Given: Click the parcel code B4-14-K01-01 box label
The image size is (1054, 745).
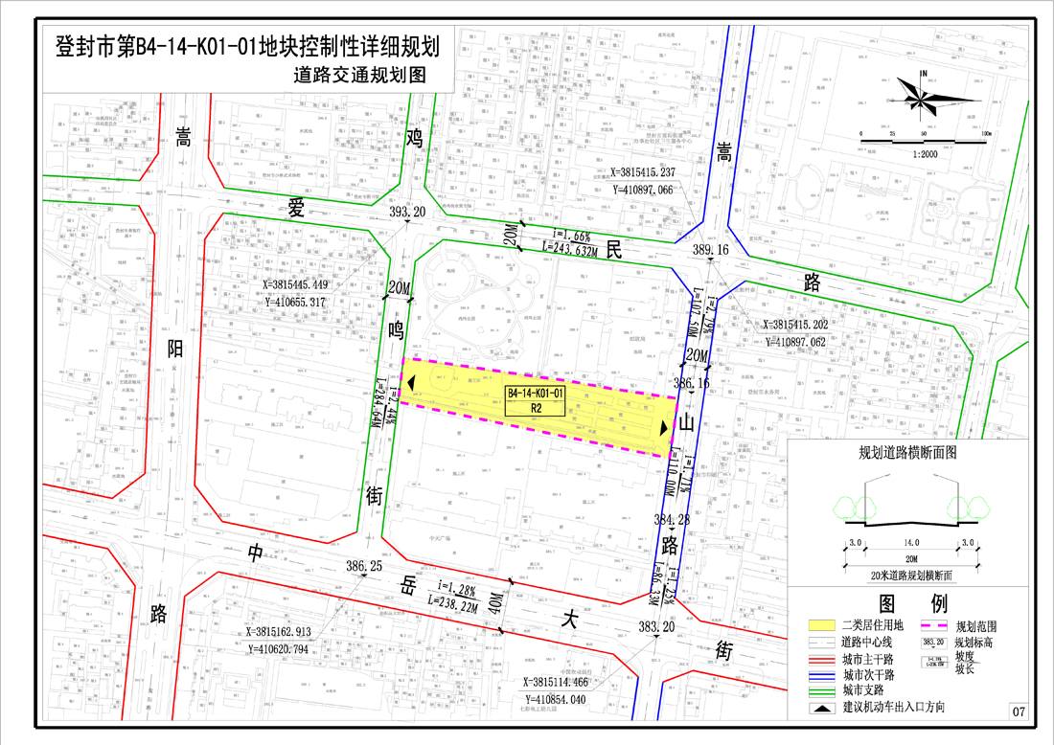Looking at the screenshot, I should (537, 394).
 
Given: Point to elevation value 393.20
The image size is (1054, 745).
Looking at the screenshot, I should (407, 212).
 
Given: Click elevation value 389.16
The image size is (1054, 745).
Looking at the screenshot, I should (710, 250).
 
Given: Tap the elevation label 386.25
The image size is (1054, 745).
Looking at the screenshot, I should (363, 567).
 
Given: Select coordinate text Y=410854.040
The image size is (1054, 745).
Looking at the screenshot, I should (569, 698).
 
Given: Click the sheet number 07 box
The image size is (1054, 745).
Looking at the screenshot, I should (1018, 711).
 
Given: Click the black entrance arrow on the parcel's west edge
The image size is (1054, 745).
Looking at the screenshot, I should (410, 383).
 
